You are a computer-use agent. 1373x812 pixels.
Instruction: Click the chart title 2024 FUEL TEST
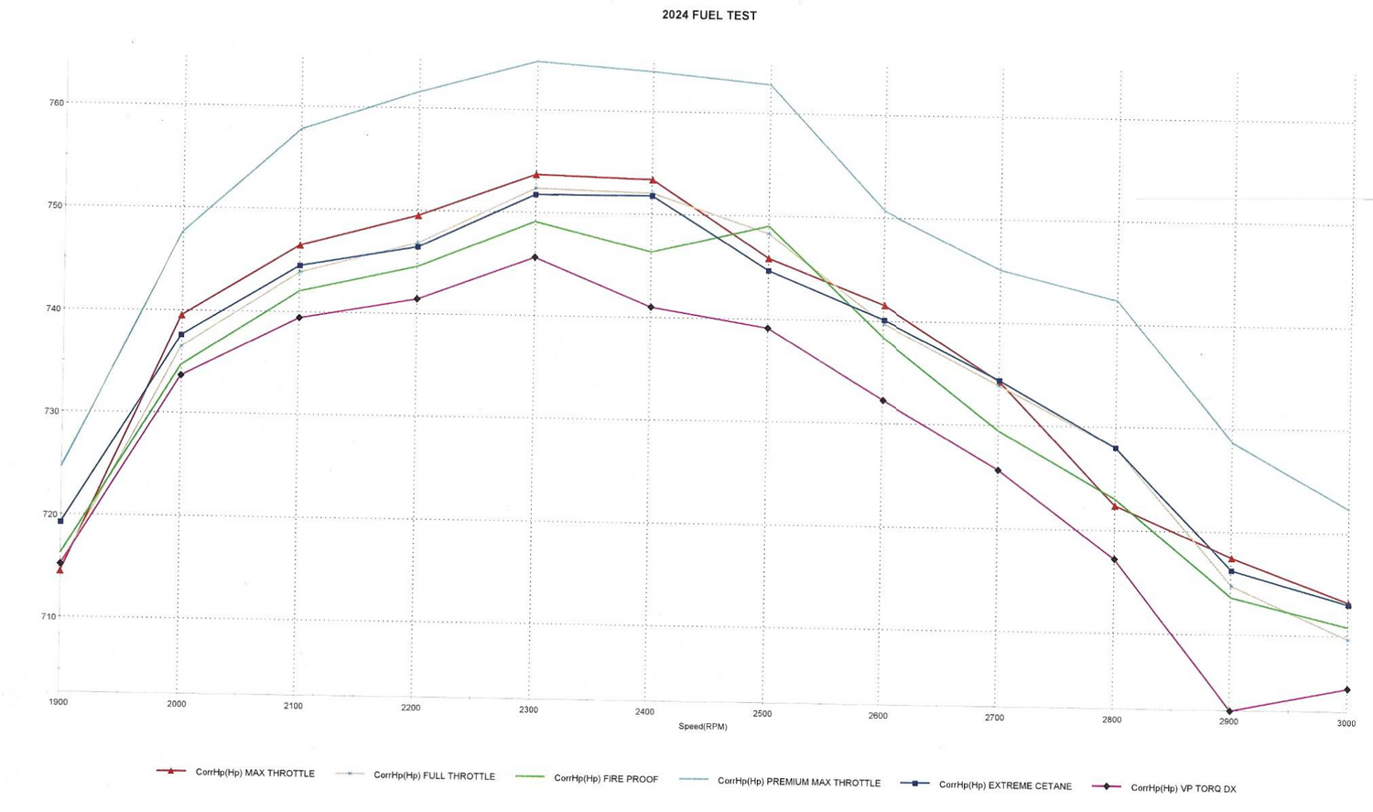(709, 16)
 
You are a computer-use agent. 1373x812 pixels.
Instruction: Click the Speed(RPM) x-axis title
(702, 727)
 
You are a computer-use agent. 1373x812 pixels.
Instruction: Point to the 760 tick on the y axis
(57, 103)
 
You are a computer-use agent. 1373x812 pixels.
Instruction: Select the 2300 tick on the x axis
(528, 710)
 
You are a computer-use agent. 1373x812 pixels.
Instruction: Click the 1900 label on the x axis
(58, 702)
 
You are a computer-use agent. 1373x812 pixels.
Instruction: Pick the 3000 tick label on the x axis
(1346, 723)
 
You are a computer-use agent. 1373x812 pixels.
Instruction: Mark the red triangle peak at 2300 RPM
(536, 174)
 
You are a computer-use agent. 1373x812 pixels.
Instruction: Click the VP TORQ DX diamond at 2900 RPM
(1229, 711)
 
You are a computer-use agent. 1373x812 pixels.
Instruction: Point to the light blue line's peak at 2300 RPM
(536, 61)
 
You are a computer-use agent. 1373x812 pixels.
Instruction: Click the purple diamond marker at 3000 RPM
(1346, 689)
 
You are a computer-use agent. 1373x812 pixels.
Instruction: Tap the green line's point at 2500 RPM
(769, 226)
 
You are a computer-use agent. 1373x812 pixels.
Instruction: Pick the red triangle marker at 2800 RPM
(1115, 506)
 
